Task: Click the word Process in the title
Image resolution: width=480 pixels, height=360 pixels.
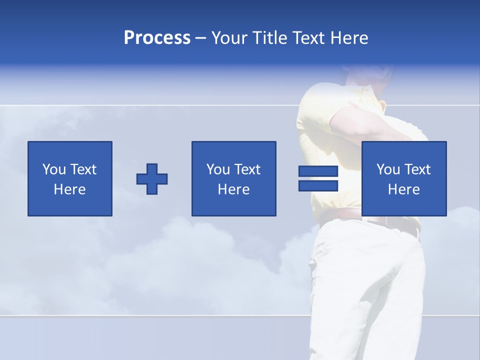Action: [x=157, y=38]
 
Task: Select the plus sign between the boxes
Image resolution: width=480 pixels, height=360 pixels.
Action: [x=152, y=179]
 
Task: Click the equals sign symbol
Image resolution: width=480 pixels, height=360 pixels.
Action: [x=318, y=179]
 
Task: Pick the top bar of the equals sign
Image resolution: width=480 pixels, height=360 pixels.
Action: [x=318, y=171]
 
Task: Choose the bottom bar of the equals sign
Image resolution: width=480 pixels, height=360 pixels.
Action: [x=318, y=186]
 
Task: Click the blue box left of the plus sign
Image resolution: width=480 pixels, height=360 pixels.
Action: [x=70, y=178]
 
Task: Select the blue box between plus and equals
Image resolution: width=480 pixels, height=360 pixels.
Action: [x=233, y=178]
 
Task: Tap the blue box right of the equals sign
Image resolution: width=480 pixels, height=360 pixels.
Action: [x=404, y=178]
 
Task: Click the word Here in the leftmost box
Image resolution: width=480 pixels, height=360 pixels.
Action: [x=70, y=189]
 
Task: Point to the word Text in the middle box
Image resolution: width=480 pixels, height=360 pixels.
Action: [x=247, y=169]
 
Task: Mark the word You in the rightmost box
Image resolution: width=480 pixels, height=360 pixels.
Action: [x=388, y=169]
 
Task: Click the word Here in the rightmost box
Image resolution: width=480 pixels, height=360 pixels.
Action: [x=404, y=189]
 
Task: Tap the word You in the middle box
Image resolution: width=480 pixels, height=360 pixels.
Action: [x=218, y=169]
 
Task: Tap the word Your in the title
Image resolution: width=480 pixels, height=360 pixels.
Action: [x=228, y=38]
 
